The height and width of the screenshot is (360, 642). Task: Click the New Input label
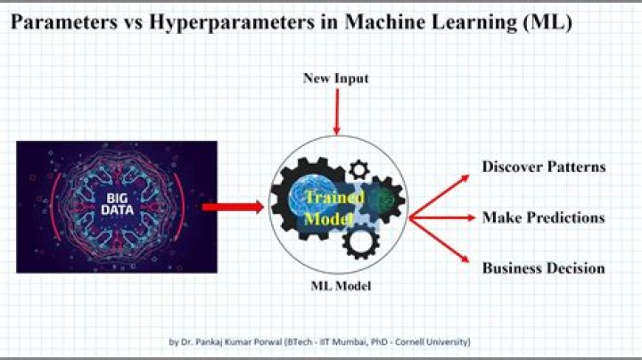click(x=336, y=79)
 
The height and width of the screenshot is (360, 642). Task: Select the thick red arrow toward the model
click(x=231, y=208)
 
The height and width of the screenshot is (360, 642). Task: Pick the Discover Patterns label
click(x=544, y=167)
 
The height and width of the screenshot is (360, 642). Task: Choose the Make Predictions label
click(x=543, y=217)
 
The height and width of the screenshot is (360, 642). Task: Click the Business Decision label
click(x=543, y=268)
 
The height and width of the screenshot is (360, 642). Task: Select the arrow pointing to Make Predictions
click(x=441, y=217)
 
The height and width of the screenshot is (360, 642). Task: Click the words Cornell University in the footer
click(x=437, y=342)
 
